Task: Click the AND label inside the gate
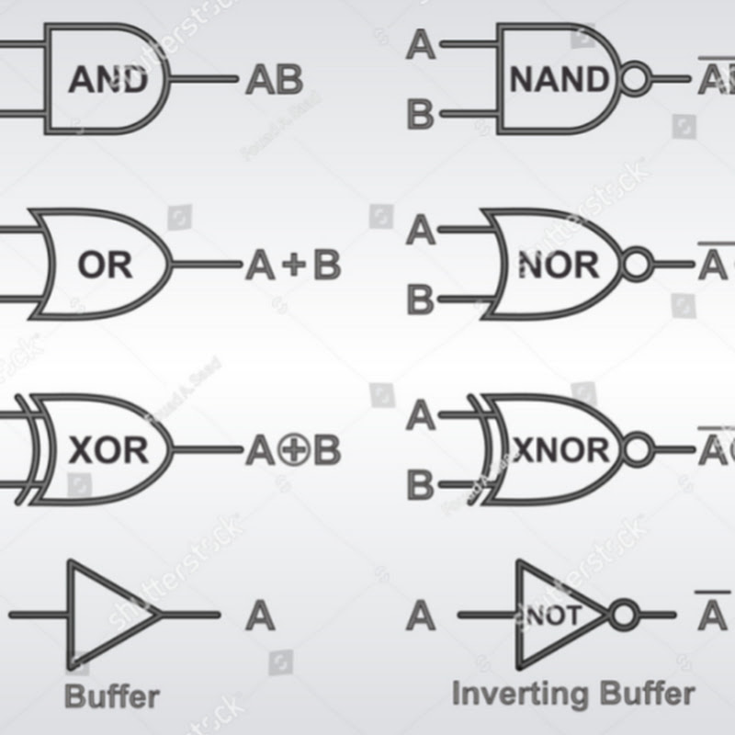(107, 80)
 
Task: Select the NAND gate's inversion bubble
(635, 80)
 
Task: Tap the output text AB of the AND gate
(274, 80)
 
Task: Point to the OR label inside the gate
(105, 266)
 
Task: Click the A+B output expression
(292, 266)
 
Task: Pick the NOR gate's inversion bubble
(635, 266)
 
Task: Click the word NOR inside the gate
(558, 266)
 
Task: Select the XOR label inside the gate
(107, 450)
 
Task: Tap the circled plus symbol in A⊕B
(294, 450)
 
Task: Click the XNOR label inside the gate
(560, 450)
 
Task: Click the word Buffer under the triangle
(112, 695)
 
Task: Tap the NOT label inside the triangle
(552, 615)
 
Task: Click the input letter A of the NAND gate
(421, 44)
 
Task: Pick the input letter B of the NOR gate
(421, 300)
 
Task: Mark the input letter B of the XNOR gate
(421, 484)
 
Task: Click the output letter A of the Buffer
(260, 615)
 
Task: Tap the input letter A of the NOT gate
(421, 615)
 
